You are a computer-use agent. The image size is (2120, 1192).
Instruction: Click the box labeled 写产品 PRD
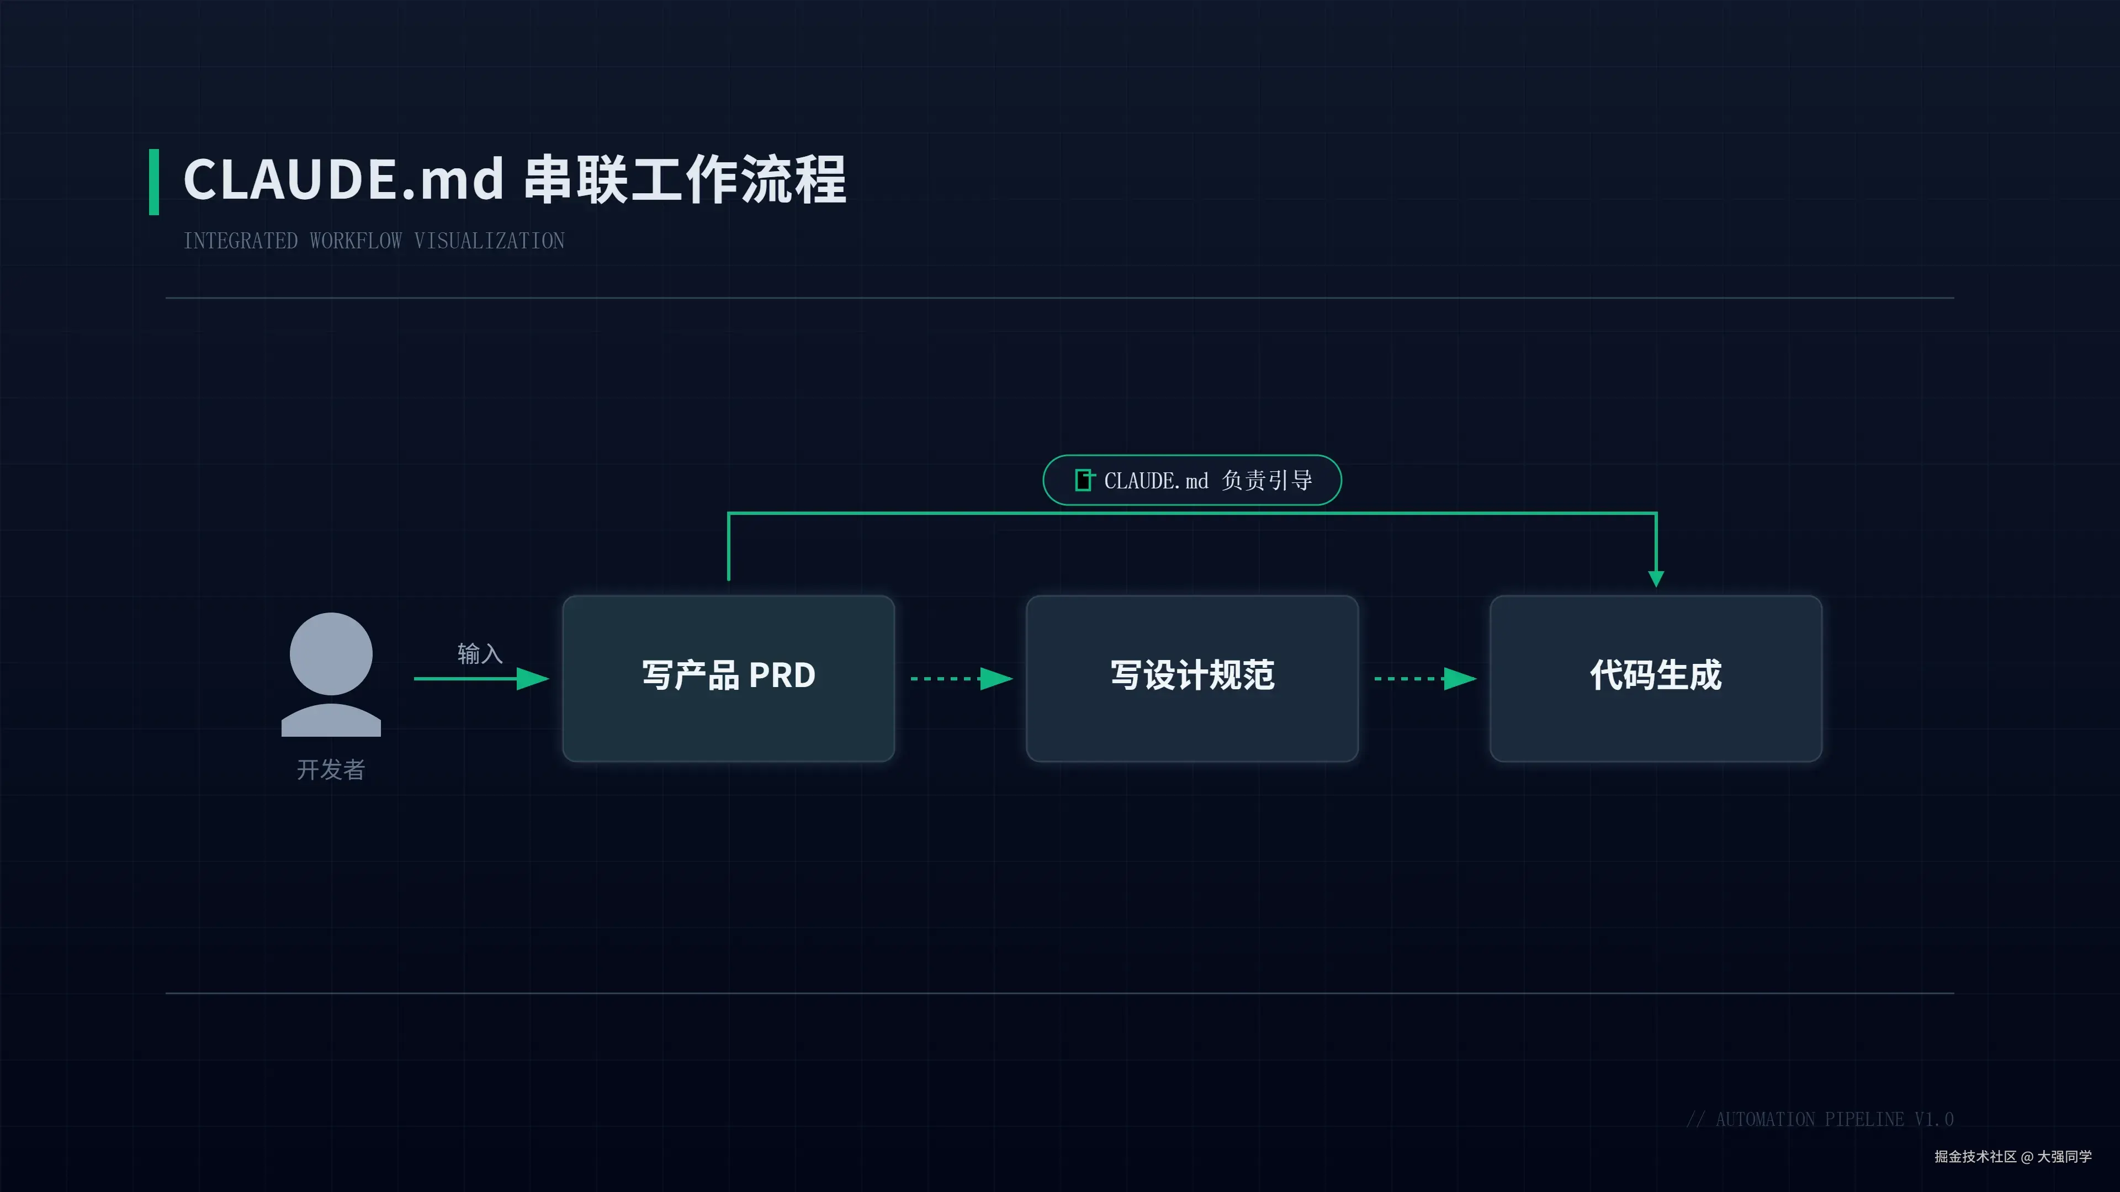728,678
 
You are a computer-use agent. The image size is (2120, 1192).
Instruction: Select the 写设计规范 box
1192,678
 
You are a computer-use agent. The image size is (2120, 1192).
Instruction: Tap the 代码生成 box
1655,678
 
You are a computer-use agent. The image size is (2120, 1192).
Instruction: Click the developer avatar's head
331,653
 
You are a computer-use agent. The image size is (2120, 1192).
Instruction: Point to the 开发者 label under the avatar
331,770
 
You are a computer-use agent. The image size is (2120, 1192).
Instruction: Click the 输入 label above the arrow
480,654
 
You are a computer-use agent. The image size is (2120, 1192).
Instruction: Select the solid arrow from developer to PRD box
481,679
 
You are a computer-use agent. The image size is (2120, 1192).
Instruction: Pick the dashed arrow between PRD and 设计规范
961,679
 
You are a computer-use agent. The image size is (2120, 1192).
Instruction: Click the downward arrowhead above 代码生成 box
1656,578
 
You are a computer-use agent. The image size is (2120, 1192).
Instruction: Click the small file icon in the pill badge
1084,480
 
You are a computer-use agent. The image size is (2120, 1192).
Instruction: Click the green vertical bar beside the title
154,182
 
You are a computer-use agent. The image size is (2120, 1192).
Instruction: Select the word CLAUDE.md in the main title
343,180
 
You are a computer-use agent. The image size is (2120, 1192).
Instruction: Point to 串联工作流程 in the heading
685,180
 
